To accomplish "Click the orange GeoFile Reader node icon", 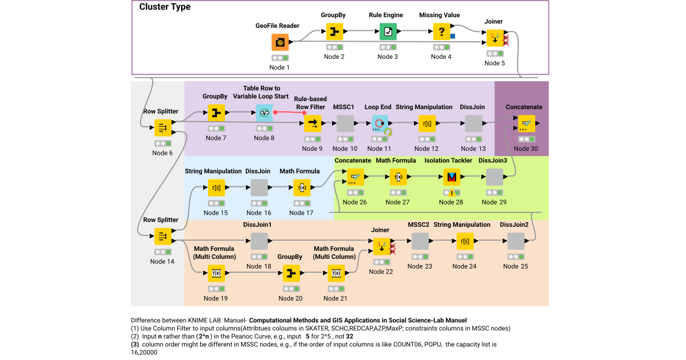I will [280, 42].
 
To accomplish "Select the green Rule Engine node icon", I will [388, 31].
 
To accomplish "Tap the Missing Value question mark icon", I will [441, 31].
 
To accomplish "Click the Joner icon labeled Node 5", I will [495, 38].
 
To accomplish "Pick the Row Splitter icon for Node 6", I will [162, 127].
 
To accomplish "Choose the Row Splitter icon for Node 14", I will [162, 236].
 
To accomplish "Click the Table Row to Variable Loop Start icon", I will [265, 113].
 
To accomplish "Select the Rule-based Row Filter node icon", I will [313, 123].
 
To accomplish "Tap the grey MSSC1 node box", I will [345, 123].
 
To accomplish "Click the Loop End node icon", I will [380, 123].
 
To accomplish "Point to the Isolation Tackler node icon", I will [452, 177].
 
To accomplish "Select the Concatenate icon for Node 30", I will [526, 123].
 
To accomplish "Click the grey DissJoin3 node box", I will [494, 177].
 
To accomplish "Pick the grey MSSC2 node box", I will [420, 241].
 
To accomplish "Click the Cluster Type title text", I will [165, 7].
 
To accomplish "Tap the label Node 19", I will [215, 298].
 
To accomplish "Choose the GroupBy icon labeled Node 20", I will [291, 274].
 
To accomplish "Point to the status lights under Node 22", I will [380, 262].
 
